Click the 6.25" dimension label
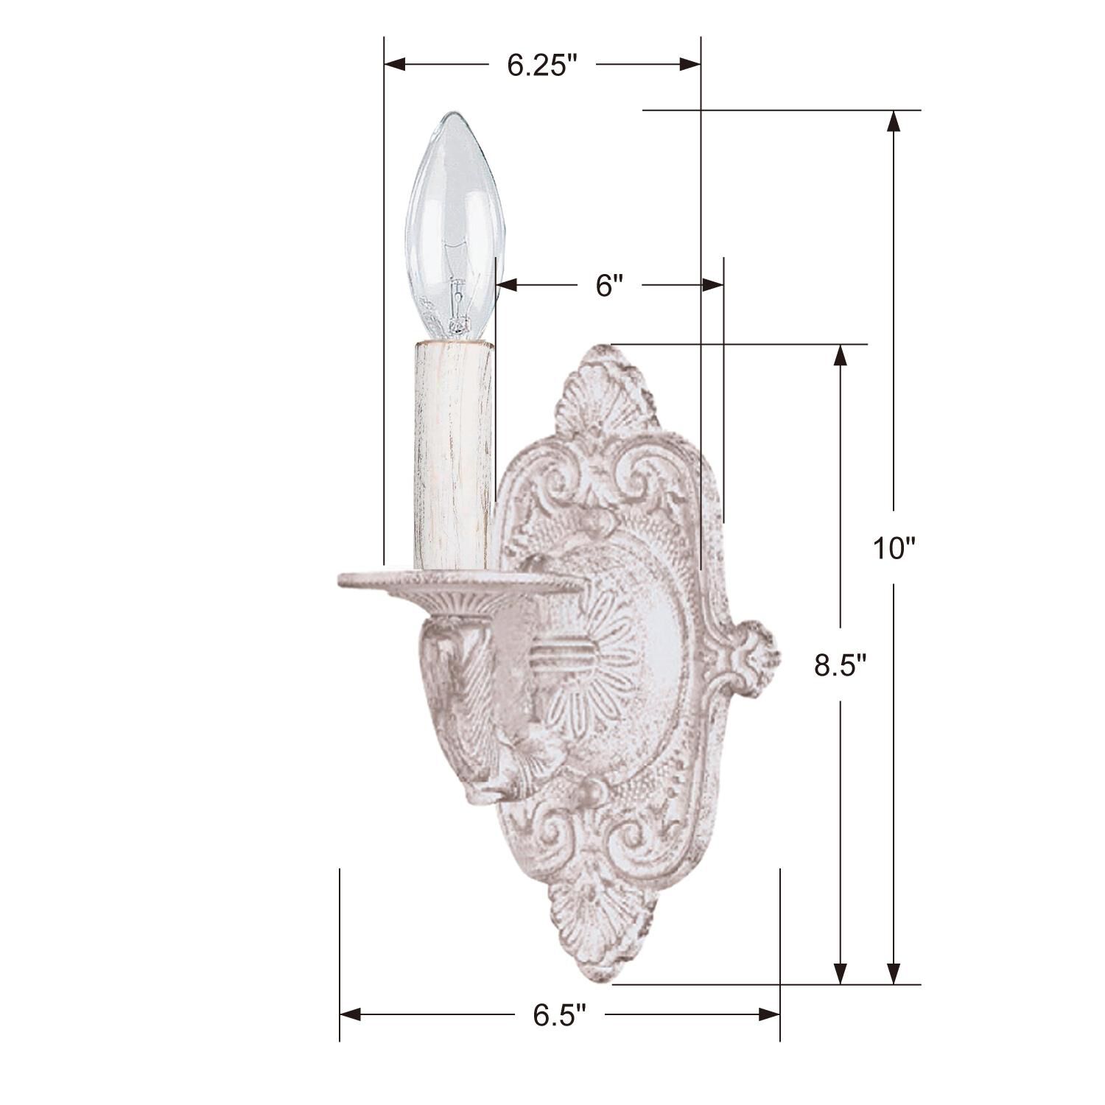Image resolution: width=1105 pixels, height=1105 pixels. (x=541, y=66)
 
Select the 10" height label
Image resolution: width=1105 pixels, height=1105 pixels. (x=894, y=548)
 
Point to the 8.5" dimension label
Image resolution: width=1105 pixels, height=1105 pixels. (x=839, y=666)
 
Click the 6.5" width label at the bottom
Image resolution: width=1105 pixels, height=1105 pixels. (x=559, y=1016)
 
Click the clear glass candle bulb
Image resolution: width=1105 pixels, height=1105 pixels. (x=453, y=228)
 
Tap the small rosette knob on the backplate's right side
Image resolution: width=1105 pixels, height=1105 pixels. (x=753, y=658)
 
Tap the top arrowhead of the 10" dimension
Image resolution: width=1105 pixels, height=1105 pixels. (x=894, y=121)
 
